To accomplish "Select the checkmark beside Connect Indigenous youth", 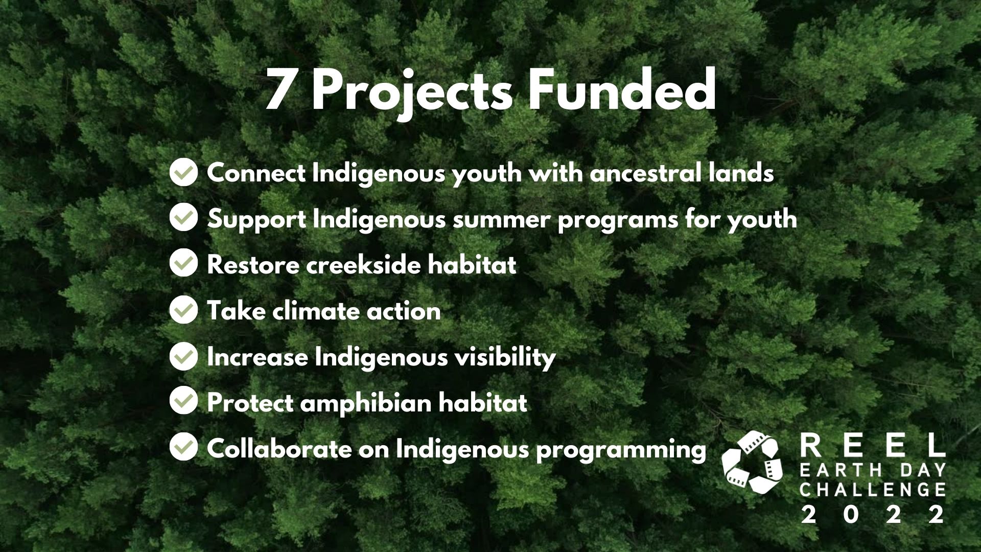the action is tap(183, 172).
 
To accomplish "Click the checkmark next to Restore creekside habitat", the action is tap(183, 263).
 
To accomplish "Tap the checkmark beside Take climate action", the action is tap(183, 309).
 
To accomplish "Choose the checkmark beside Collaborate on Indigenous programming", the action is tap(183, 447).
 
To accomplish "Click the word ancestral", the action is tap(645, 173).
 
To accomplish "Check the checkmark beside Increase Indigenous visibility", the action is tap(183, 355).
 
